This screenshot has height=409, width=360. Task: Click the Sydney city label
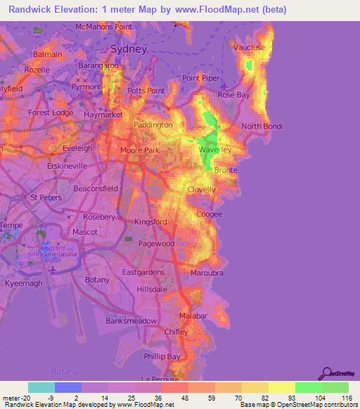(129, 49)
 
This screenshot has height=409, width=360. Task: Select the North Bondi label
(262, 126)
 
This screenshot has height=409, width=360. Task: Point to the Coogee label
(210, 214)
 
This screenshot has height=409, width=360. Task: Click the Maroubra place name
(207, 273)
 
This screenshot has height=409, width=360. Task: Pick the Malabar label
(194, 316)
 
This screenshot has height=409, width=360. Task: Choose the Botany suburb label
(97, 280)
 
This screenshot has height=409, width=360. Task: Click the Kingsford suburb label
(150, 222)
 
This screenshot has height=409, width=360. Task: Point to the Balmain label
(48, 54)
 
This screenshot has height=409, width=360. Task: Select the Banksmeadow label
(131, 320)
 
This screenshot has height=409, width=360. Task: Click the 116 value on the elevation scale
(345, 398)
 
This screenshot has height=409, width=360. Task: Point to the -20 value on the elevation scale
(21, 398)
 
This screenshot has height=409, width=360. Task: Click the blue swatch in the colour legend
(68, 387)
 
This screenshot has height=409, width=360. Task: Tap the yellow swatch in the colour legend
(281, 387)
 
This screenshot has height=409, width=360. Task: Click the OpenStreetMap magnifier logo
(326, 372)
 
